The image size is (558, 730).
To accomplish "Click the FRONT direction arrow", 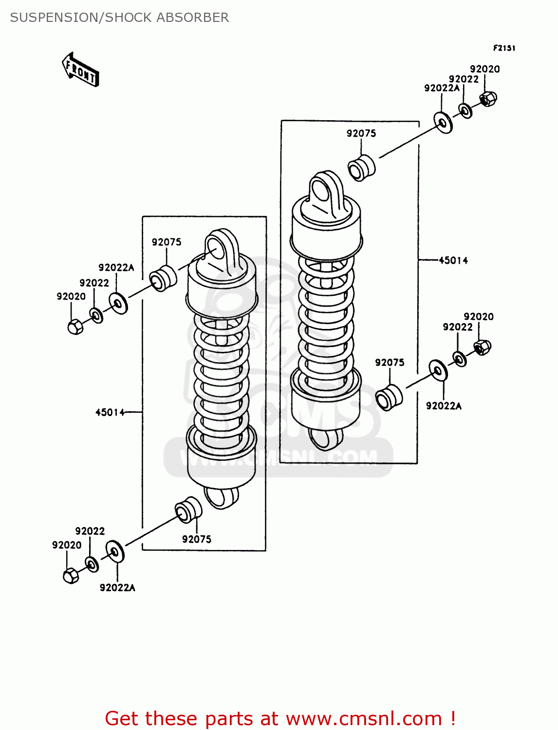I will pyautogui.click(x=81, y=70).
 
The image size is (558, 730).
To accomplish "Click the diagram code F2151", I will pyautogui.click(x=504, y=48).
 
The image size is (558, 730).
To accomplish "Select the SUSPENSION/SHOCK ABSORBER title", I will pyautogui.click(x=119, y=18).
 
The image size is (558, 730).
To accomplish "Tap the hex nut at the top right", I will pyautogui.click(x=488, y=99).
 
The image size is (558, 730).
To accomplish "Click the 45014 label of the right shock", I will pyautogui.click(x=453, y=260).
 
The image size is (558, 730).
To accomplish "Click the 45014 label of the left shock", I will pyautogui.click(x=110, y=412).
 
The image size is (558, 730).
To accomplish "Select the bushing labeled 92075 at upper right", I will pyautogui.click(x=362, y=168).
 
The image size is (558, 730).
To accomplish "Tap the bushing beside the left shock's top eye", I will pyautogui.click(x=163, y=279).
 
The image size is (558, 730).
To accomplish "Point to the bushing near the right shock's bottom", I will pyautogui.click(x=389, y=398).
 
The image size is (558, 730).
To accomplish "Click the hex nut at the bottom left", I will pyautogui.click(x=71, y=576).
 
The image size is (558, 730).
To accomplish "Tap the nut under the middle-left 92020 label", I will pyautogui.click(x=75, y=326).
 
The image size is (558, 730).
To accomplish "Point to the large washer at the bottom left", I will pyautogui.click(x=115, y=551).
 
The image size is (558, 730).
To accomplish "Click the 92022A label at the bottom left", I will pyautogui.click(x=117, y=587).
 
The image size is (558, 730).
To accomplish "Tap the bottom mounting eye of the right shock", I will pyautogui.click(x=325, y=438).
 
